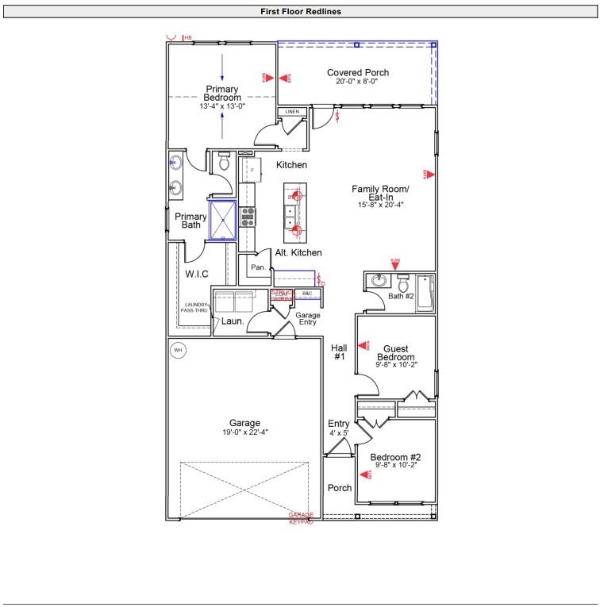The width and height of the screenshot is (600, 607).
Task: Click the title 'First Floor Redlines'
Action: click(300, 12)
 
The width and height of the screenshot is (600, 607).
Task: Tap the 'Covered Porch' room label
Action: click(358, 73)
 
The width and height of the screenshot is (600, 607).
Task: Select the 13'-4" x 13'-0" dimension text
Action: click(222, 106)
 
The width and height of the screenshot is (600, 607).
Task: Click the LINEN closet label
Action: click(292, 113)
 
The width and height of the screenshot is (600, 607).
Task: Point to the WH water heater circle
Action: click(178, 350)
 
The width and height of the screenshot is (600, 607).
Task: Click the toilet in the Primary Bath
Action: click(224, 163)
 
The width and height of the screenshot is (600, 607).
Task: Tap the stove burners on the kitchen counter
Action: click(248, 217)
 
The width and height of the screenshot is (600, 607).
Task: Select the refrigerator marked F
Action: click(252, 170)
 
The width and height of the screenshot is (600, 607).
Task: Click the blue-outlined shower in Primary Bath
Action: click(223, 220)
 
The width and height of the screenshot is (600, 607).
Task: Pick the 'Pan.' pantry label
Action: click(258, 268)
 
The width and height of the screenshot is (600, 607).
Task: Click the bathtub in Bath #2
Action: click(426, 292)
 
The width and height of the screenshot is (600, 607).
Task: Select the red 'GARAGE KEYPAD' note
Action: click(301, 518)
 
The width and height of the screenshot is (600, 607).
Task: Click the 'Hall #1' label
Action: click(338, 352)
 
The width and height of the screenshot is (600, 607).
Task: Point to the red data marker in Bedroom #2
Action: click(369, 474)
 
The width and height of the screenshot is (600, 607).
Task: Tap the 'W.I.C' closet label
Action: click(197, 275)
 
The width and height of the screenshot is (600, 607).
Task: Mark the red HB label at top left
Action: click(188, 37)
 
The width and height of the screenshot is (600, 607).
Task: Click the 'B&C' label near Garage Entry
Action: click(307, 294)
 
